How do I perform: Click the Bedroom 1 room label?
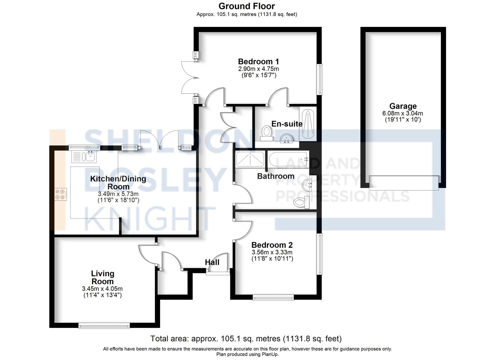pos(258,61)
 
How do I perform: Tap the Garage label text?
pos(403,106)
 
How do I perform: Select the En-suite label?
pos(287,124)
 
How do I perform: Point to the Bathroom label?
pos(276,176)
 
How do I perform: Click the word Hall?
pos(212,262)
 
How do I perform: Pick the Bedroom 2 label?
pos(272,245)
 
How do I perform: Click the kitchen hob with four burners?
pos(61,194)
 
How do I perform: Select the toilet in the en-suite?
pos(266,133)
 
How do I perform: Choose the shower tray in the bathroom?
pos(250,159)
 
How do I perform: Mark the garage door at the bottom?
pos(404,183)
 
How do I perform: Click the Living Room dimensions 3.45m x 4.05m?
pos(102,289)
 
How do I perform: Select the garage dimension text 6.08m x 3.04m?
pos(403,113)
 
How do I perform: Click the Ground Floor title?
pos(247,6)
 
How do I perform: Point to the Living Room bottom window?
pos(104,326)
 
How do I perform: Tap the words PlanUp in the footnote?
pos(270,354)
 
